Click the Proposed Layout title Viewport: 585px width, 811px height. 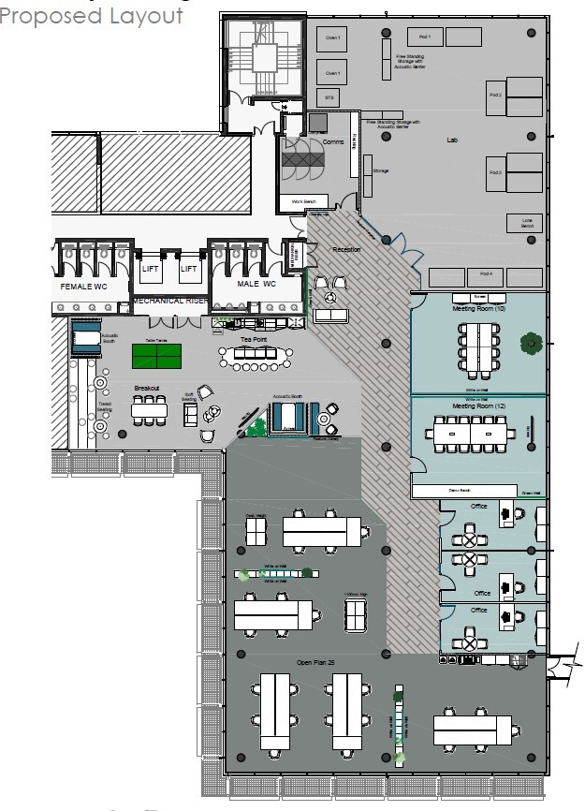click(92, 16)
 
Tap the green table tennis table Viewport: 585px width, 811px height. click(157, 356)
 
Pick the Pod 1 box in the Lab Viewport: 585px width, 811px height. click(424, 37)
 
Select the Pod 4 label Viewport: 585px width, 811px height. click(485, 275)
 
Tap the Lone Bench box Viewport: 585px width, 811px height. click(525, 223)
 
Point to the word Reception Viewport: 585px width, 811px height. click(346, 250)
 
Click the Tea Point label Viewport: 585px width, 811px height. click(254, 339)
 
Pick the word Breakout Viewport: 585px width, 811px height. click(148, 387)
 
